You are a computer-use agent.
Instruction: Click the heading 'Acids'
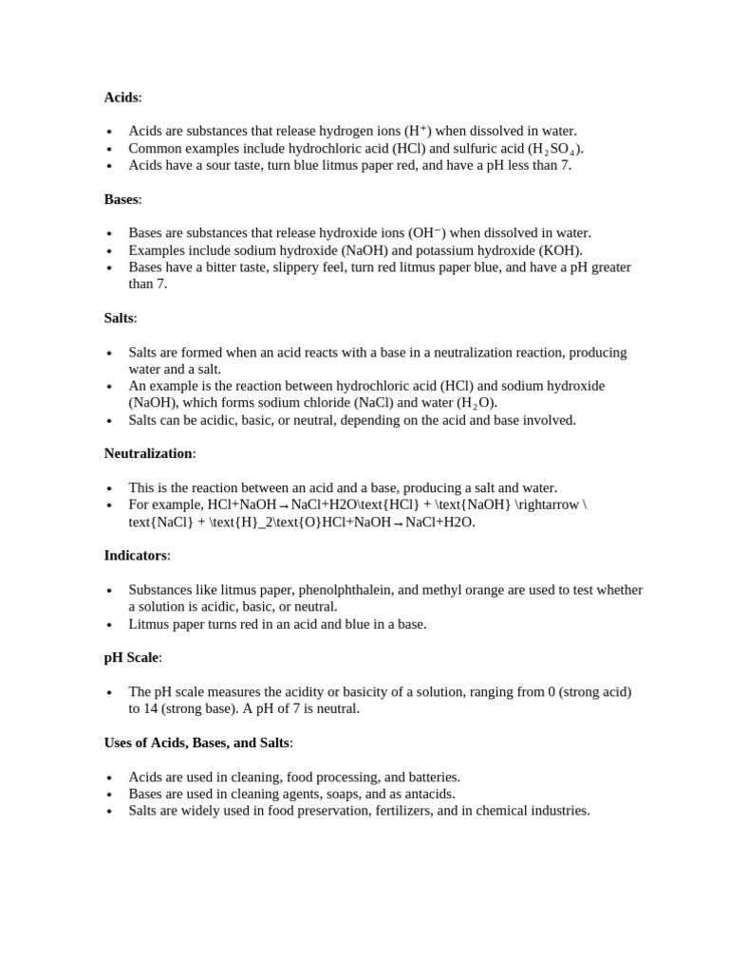121,98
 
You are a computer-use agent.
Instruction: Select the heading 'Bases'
121,199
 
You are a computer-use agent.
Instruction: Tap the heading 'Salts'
119,318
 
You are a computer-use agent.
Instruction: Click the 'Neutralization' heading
148,453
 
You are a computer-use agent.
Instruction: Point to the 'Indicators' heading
135,555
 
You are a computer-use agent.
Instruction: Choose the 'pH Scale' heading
131,657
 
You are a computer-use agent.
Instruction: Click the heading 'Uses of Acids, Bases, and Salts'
196,742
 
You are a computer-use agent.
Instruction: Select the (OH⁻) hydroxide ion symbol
426,233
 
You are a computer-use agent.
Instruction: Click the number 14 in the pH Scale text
136,708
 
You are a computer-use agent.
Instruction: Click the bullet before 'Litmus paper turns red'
110,625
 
